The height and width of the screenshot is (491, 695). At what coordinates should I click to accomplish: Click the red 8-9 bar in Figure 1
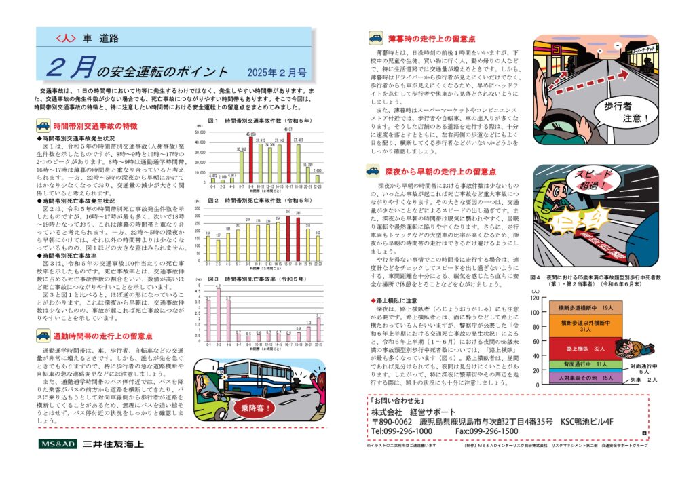coord(251,159)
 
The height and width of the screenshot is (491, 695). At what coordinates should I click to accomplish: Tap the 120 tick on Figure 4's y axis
coord(535,298)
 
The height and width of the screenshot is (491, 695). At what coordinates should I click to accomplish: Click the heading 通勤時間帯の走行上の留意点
coord(102,336)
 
